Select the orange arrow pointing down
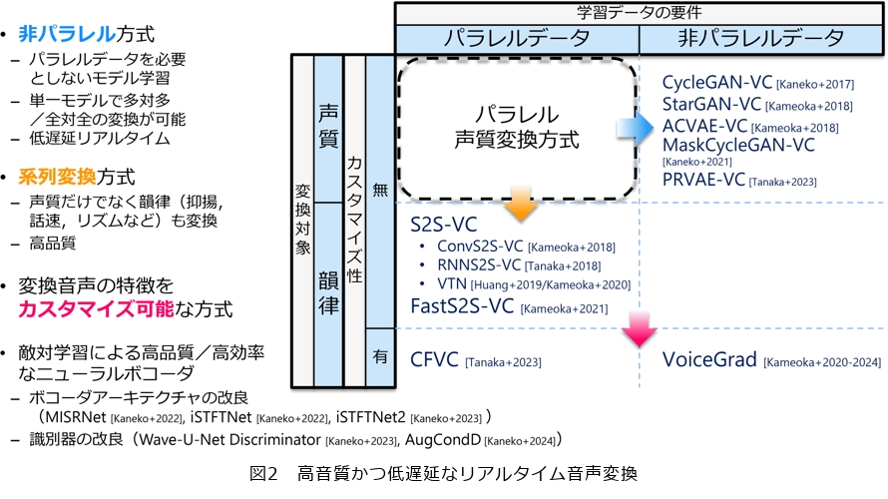coord(517,205)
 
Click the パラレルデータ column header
coord(517,38)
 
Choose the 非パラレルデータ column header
coord(760,38)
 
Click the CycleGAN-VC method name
coord(713,82)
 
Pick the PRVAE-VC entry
coord(705,180)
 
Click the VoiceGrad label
coord(709,359)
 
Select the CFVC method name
coord(435,359)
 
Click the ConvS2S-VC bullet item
coord(481,247)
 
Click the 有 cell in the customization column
coord(379,354)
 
